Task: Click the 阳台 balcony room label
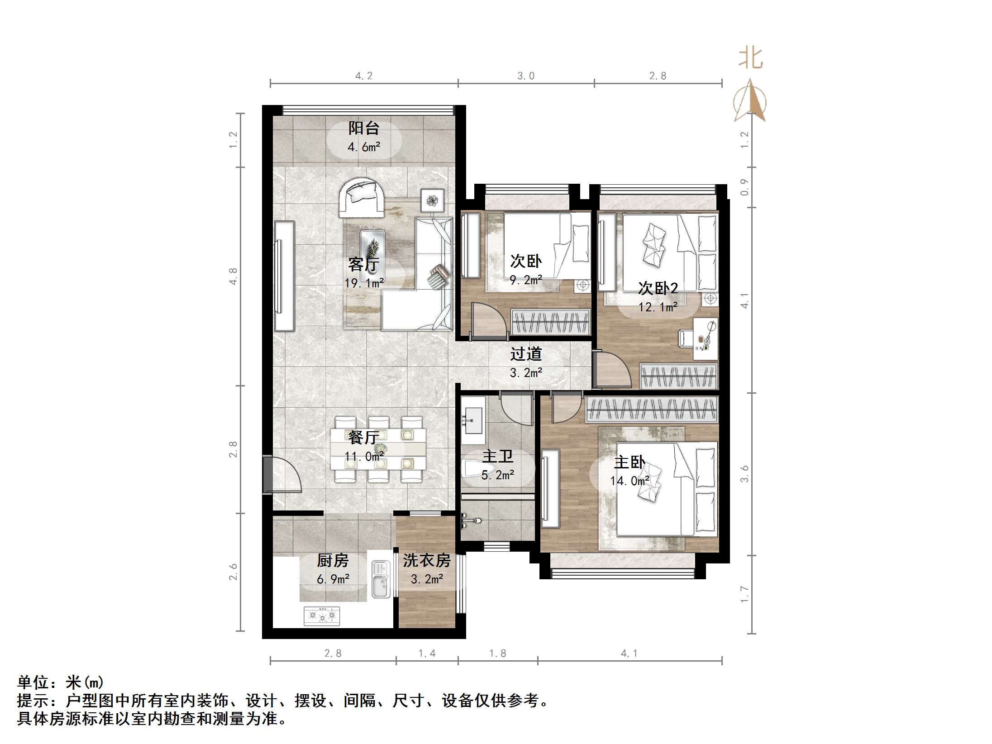click(x=364, y=128)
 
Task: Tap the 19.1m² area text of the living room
click(x=364, y=283)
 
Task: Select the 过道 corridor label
click(x=526, y=354)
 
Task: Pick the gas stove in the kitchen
click(x=322, y=616)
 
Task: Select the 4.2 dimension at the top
click(x=363, y=76)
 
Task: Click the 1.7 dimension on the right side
click(x=744, y=594)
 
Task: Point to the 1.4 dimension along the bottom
click(x=427, y=653)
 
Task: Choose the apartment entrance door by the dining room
click(x=281, y=475)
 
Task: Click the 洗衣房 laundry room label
click(x=427, y=561)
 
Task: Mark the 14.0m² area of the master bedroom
click(x=630, y=481)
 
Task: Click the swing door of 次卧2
click(x=611, y=370)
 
